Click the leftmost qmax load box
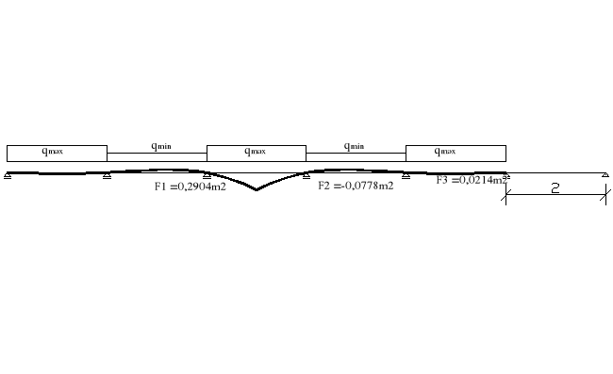57,153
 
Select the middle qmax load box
256,153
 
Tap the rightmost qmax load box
456,153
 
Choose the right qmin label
355,146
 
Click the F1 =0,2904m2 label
190,187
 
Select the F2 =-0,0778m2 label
356,187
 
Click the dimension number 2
555,188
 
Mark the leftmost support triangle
8,175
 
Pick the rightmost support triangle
605,175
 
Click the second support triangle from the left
108,175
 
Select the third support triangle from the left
207,175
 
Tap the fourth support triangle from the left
306,175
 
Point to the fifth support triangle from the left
406,175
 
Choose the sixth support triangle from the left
505,175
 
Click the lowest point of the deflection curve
256,190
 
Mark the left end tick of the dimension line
505,196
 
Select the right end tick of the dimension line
605,196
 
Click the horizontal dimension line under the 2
555,196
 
